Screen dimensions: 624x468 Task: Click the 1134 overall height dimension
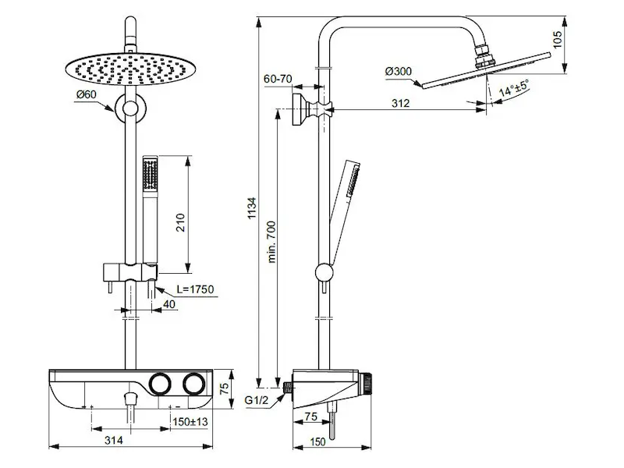pyautogui.click(x=251, y=207)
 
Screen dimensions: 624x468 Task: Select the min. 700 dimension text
pyautogui.click(x=271, y=242)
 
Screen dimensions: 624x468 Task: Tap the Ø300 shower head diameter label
pyautogui.click(x=399, y=72)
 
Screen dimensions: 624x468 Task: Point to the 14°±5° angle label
pyautogui.click(x=514, y=87)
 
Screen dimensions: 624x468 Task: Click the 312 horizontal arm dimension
pyautogui.click(x=400, y=104)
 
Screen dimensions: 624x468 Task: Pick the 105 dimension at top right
pyautogui.click(x=558, y=40)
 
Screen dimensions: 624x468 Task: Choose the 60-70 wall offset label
pyautogui.click(x=278, y=79)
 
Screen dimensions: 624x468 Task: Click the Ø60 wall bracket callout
pyautogui.click(x=86, y=94)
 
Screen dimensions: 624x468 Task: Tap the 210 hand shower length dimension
pyautogui.click(x=180, y=222)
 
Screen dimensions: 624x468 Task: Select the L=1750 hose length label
pyautogui.click(x=196, y=289)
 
